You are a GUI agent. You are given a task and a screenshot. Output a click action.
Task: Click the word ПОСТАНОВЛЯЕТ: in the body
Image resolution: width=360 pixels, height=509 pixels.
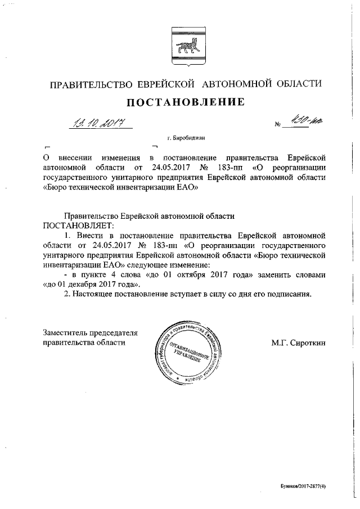[78, 224]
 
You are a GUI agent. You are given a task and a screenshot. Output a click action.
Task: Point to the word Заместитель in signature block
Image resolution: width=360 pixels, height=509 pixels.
[67, 334]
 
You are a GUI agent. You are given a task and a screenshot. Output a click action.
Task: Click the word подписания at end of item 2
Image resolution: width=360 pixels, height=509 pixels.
[287, 295]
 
